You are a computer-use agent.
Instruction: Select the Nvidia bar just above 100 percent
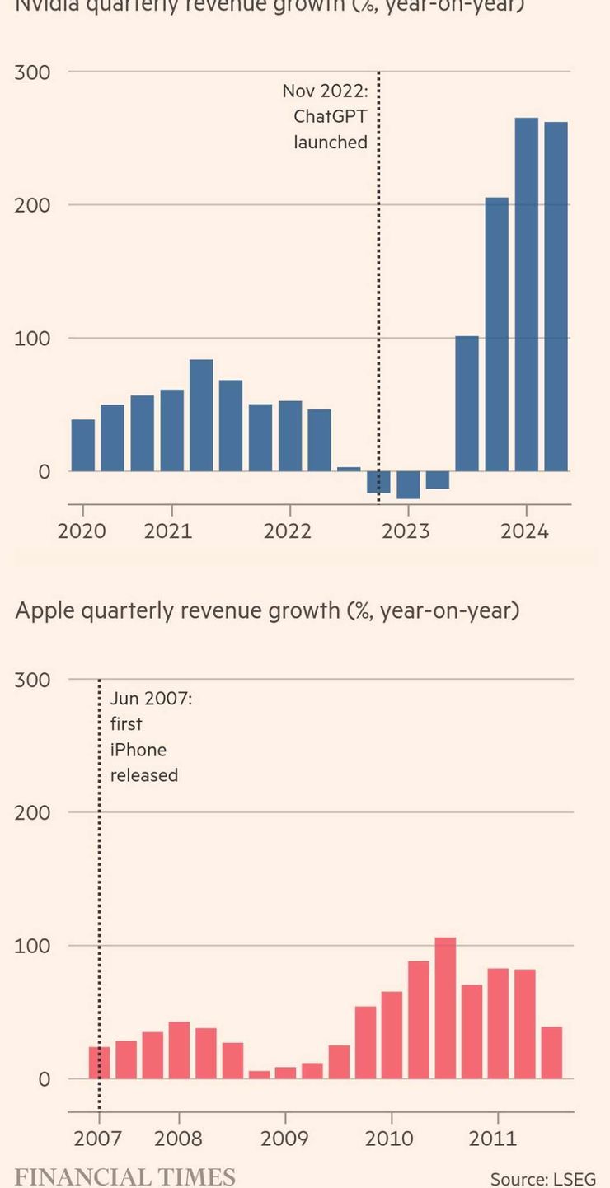(467, 404)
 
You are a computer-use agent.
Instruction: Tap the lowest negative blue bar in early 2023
(408, 485)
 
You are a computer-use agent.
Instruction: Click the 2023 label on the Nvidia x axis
(406, 531)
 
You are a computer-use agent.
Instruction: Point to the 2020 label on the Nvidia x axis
(82, 531)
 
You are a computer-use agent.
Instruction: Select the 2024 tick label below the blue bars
(524, 531)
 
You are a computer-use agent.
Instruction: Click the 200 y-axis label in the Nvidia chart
(32, 205)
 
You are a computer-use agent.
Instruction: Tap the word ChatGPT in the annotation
(330, 116)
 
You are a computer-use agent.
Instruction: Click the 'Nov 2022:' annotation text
(325, 91)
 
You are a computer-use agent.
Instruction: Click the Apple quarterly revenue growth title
(267, 610)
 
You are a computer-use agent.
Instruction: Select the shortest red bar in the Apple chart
(259, 1074)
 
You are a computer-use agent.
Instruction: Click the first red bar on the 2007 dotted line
(100, 1063)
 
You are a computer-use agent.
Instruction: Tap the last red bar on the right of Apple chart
(551, 1052)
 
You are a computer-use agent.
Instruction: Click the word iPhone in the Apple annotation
(138, 750)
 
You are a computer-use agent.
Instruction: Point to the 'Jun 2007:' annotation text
(151, 699)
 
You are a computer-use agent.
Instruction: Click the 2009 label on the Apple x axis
(284, 1139)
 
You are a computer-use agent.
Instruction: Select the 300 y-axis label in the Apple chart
(32, 681)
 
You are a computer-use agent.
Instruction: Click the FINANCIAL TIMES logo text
(125, 1176)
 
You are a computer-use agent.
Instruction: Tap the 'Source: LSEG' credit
(542, 1179)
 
